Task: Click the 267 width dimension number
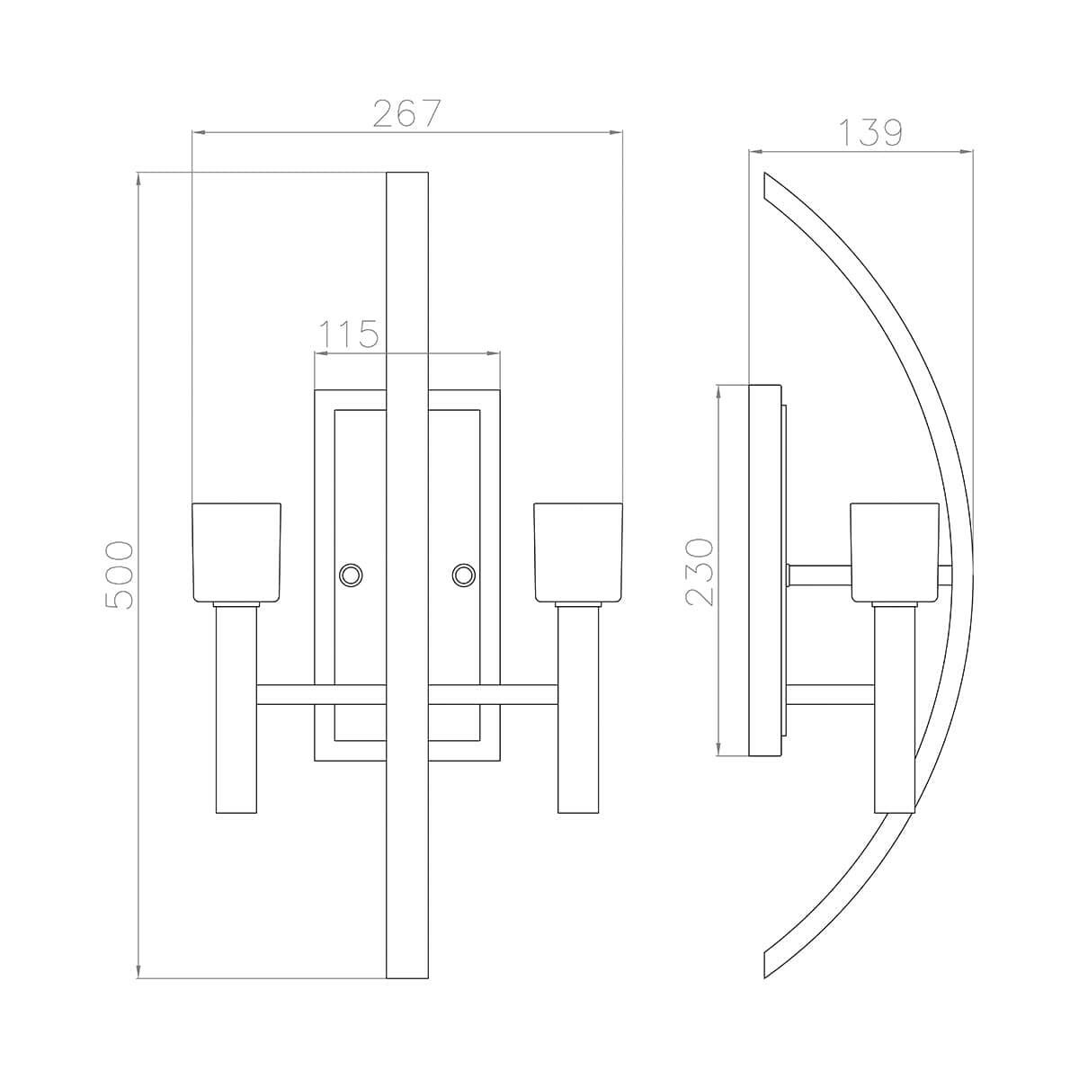[x=406, y=113]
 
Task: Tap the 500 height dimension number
[x=120, y=575]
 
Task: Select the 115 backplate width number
[x=349, y=334]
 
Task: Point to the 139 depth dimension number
[x=871, y=133]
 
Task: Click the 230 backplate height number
[x=700, y=572]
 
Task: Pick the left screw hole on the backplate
[x=351, y=575]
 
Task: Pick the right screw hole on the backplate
[x=464, y=575]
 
